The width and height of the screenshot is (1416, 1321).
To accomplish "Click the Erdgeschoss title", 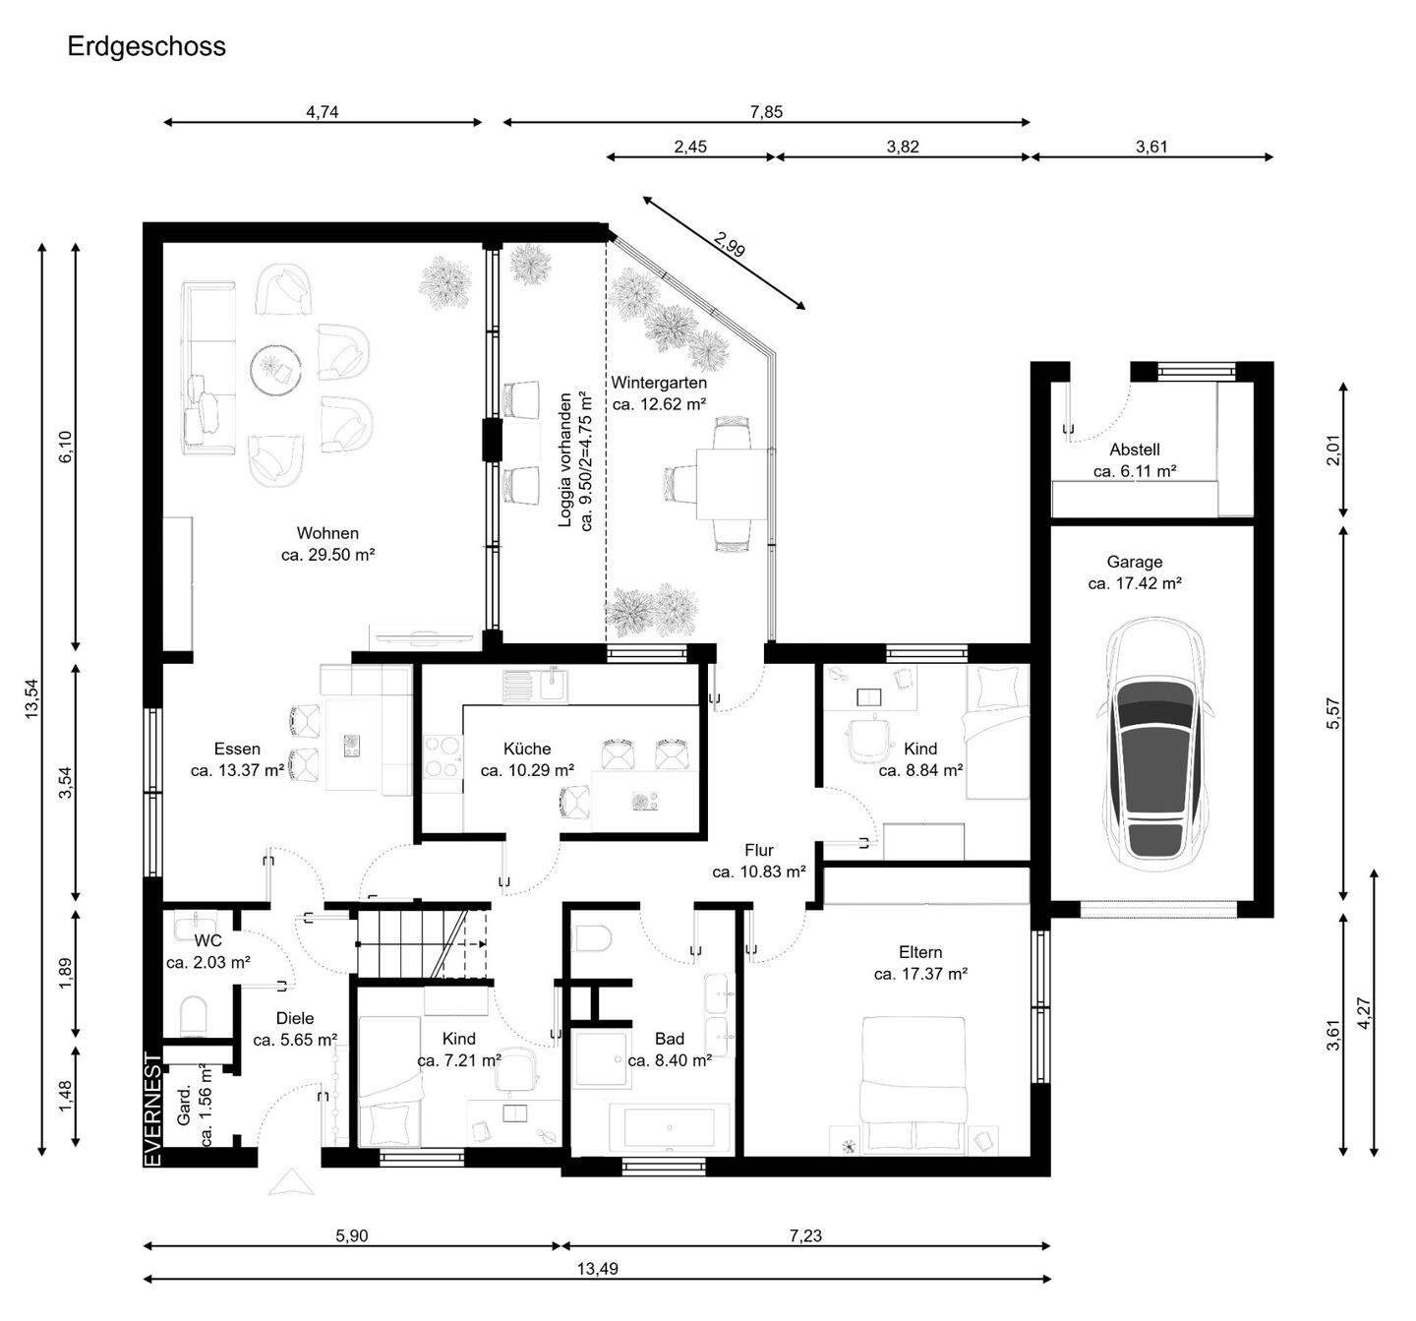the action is [x=147, y=47].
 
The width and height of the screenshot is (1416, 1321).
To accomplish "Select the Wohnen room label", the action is [x=327, y=533].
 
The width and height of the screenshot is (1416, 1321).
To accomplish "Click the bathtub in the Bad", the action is [x=670, y=1127].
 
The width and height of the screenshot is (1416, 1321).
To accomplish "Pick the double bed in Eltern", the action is [x=914, y=1085].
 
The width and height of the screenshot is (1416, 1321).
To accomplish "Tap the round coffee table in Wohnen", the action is [x=276, y=369].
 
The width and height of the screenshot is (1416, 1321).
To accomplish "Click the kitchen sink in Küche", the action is [x=536, y=687].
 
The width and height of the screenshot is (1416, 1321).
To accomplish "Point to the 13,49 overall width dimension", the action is [x=598, y=1269].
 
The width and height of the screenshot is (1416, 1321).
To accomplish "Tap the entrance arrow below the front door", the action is [x=291, y=1182].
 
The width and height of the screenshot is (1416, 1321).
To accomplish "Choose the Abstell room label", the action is [x=1135, y=450].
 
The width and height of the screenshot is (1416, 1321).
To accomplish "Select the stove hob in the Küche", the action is [x=442, y=756].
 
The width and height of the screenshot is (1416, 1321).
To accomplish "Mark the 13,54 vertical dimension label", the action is [x=32, y=698].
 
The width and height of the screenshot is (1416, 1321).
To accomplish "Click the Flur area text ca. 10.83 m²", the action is [x=758, y=871].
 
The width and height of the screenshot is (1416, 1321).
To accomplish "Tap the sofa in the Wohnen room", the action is [x=208, y=368].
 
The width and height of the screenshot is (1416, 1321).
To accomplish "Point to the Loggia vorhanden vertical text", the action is [x=564, y=460].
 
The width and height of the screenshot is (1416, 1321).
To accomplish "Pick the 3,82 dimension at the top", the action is [x=903, y=147].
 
